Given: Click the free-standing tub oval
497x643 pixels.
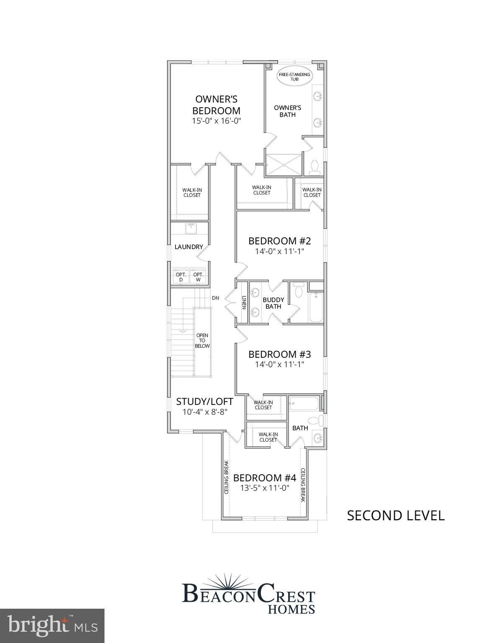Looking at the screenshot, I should pyautogui.click(x=294, y=77).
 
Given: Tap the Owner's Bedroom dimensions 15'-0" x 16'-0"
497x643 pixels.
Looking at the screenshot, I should pyautogui.click(x=216, y=121).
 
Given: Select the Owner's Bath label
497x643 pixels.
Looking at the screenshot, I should pyautogui.click(x=287, y=111).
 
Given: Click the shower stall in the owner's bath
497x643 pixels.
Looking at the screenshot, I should pyautogui.click(x=283, y=165).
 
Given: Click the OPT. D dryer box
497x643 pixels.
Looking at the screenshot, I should pyautogui.click(x=181, y=277).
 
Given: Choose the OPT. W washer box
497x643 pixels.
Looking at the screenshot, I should pyautogui.click(x=198, y=277).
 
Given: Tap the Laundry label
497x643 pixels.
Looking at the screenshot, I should pyautogui.click(x=188, y=247).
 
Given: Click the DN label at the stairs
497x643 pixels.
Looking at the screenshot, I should pyautogui.click(x=216, y=298).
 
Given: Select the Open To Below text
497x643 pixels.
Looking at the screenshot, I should pyautogui.click(x=202, y=341).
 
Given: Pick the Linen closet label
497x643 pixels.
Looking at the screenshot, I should pyautogui.click(x=244, y=303).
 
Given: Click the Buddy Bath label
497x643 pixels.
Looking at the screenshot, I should pyautogui.click(x=273, y=303).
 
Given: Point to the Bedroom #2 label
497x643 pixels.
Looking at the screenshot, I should pyautogui.click(x=279, y=241).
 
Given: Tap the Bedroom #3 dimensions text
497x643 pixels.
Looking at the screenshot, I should pyautogui.click(x=279, y=364).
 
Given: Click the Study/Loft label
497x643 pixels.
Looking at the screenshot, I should pyautogui.click(x=204, y=401).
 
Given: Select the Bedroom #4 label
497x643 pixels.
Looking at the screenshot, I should pyautogui.click(x=265, y=478).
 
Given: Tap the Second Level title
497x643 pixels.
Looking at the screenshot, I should pyautogui.click(x=395, y=515).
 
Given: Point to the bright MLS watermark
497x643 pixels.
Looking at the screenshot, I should pyautogui.click(x=52, y=626).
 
